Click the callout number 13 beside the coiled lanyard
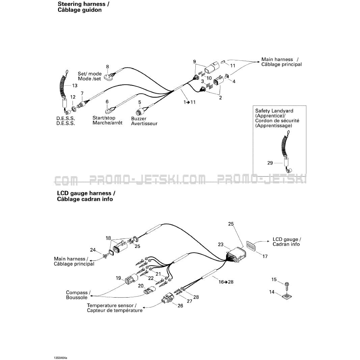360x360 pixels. [75, 86]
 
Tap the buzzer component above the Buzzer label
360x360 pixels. [139, 112]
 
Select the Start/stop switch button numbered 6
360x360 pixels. [108, 112]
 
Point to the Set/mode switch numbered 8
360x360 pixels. [108, 77]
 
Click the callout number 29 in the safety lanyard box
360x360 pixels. [270, 163]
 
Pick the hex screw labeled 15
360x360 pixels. [286, 285]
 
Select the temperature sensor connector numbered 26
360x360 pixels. [166, 298]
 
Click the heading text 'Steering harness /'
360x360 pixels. [84, 4]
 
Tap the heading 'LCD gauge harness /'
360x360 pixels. [86, 193]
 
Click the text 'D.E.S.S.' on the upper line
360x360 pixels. [66, 118]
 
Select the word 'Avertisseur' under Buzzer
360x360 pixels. [144, 123]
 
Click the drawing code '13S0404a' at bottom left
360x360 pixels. [60, 358]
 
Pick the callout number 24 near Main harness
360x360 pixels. [93, 250]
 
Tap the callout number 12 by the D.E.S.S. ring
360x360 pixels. [73, 97]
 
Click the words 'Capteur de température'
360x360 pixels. [115, 310]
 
